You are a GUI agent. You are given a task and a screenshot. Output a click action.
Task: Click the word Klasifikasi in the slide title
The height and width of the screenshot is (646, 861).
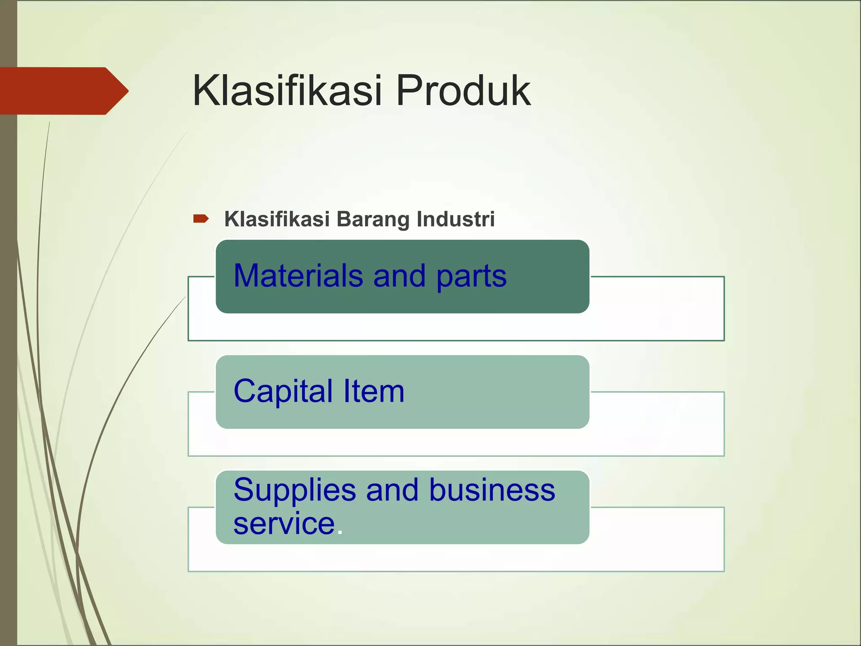click(287, 90)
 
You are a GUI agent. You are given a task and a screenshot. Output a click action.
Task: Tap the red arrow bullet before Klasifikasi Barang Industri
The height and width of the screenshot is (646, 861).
click(201, 218)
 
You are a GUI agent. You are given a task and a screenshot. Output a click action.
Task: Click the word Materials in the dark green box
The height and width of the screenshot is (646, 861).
click(298, 276)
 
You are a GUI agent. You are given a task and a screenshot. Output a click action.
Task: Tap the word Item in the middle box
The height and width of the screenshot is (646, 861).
click(374, 391)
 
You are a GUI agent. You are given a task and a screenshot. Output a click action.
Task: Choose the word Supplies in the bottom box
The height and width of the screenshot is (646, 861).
click(295, 490)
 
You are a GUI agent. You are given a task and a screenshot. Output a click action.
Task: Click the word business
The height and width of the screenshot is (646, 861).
click(492, 490)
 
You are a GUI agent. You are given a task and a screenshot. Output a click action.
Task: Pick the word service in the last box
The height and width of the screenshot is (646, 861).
click(284, 524)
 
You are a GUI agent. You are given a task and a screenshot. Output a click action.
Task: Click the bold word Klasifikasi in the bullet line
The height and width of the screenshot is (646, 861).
click(277, 219)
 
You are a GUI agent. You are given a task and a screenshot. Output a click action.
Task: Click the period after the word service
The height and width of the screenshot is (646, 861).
click(340, 532)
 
